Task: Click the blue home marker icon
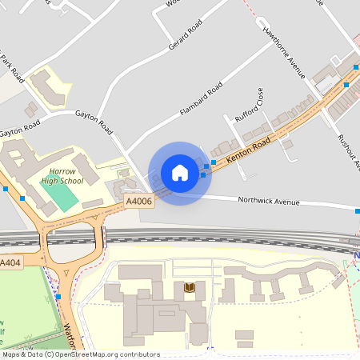(180, 173)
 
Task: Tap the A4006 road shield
(138, 202)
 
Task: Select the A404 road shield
(10, 263)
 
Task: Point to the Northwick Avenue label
(270, 202)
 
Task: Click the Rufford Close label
(249, 108)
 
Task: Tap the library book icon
(190, 287)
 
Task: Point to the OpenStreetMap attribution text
(80, 354)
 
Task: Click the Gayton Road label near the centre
(93, 121)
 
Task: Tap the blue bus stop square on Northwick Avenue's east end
(357, 210)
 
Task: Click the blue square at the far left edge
(5, 189)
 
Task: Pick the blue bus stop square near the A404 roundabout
(58, 297)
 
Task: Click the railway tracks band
(200, 237)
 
